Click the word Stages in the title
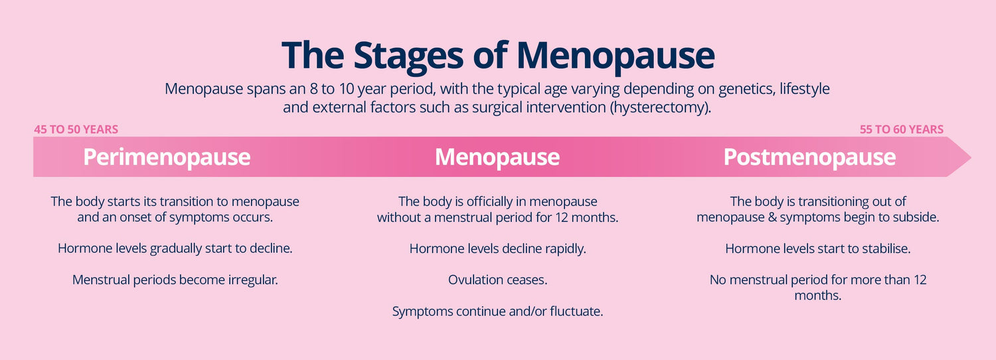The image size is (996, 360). (x=408, y=56)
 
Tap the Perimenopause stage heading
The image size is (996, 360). (x=167, y=157)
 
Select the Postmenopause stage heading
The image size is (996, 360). (x=809, y=157)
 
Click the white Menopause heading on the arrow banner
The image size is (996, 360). (x=497, y=157)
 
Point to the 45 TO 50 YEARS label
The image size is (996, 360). (x=76, y=130)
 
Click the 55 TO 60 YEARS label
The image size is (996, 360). (x=901, y=130)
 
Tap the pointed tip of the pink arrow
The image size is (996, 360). (x=971, y=157)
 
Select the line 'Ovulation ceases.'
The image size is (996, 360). (x=497, y=280)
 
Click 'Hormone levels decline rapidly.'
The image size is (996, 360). (x=497, y=249)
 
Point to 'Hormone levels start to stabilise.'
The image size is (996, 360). (x=817, y=248)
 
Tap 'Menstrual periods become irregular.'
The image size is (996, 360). (x=175, y=280)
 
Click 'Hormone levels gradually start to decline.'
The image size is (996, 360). (x=175, y=248)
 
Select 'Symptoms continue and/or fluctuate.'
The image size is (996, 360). (x=497, y=312)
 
